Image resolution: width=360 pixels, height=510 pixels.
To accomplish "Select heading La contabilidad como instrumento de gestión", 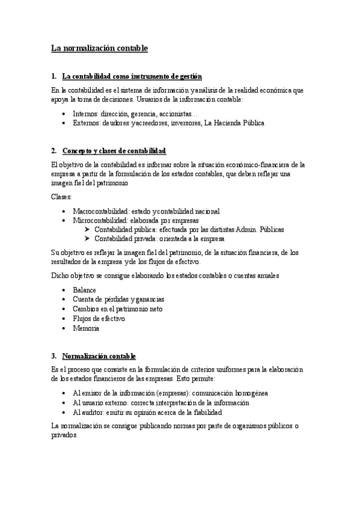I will click(132, 76).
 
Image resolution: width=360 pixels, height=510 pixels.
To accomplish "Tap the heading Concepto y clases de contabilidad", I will click(114, 150).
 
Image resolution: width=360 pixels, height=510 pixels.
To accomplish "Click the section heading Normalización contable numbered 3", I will click(99, 356).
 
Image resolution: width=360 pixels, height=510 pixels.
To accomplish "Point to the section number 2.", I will click(53, 150).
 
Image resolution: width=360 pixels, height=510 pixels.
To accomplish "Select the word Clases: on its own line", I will click(61, 197).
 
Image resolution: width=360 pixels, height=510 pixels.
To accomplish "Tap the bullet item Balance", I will click(84, 290).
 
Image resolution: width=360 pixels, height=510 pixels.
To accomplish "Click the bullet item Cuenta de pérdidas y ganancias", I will click(118, 299).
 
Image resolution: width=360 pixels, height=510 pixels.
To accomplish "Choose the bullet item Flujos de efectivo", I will click(99, 318).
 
